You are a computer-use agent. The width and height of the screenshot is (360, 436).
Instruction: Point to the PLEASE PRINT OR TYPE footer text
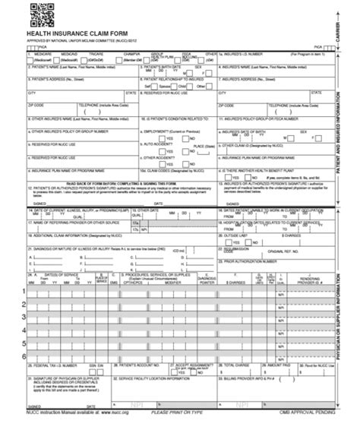[x=180, y=431]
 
